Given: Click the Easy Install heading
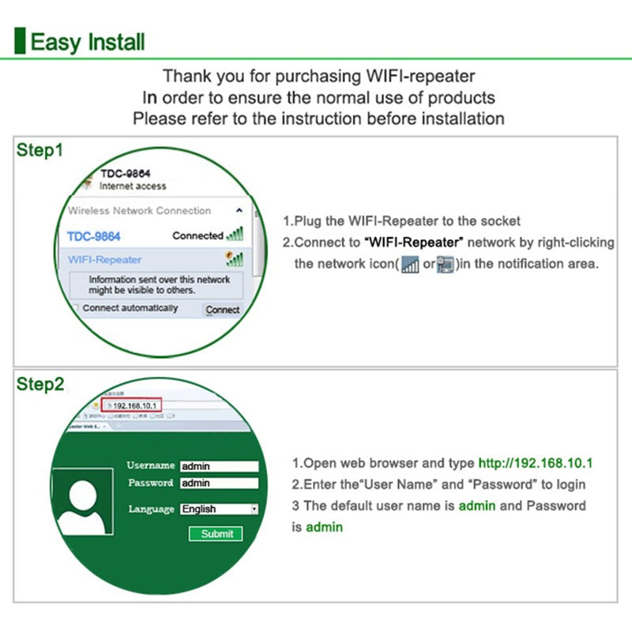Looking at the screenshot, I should tap(87, 41).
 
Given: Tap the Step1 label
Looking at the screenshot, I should tap(39, 149).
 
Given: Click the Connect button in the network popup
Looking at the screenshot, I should tap(222, 310).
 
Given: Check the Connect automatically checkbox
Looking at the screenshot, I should tap(76, 308).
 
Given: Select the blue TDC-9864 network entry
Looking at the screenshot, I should tap(93, 236).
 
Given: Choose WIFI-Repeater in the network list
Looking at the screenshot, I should tap(104, 259).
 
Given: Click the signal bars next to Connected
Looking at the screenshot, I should tap(235, 235).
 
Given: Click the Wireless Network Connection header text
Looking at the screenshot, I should tap(139, 211).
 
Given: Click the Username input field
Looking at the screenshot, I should tap(219, 466).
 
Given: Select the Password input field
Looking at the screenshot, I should tap(219, 483).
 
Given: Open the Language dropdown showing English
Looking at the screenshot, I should tap(219, 510).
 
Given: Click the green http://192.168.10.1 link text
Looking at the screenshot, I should tap(535, 463).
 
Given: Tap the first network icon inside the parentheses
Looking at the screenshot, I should tap(409, 265).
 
